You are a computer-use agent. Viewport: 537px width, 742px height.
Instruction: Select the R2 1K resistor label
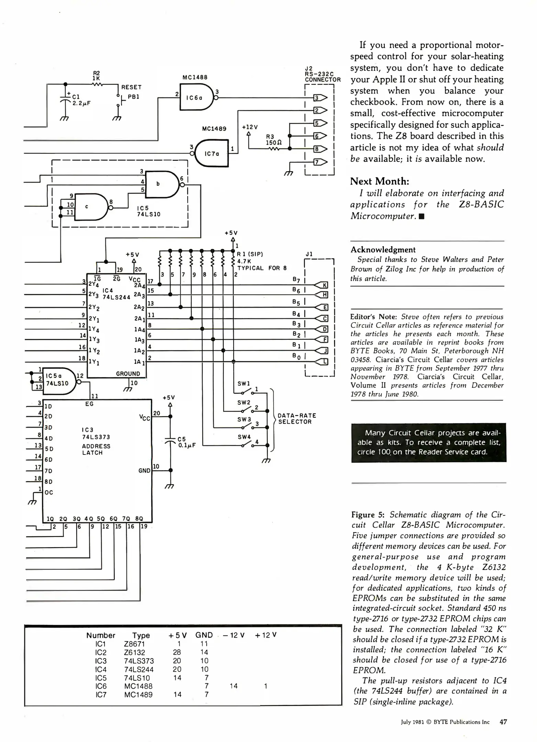tap(97, 76)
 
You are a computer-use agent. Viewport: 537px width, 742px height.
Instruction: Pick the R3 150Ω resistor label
tap(274, 139)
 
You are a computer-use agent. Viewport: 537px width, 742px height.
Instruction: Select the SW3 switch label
tap(244, 419)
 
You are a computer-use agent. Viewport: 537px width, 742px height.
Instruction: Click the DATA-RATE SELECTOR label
tap(297, 418)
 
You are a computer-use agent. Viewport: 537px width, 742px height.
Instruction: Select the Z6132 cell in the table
tap(135, 652)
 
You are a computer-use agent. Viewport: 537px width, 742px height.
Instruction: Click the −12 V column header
tap(234, 635)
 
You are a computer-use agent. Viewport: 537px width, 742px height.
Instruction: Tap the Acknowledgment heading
tap(383, 250)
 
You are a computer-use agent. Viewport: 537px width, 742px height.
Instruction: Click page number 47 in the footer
tap(503, 722)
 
